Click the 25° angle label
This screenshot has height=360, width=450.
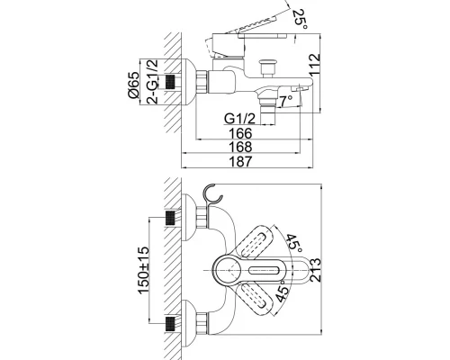click(x=301, y=19)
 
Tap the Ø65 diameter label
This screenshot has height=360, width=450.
click(x=133, y=85)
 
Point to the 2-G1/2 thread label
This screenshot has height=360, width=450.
click(x=152, y=81)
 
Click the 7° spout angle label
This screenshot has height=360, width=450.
click(x=286, y=102)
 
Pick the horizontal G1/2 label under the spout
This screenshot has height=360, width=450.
click(x=239, y=119)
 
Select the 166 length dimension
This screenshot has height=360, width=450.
click(x=240, y=133)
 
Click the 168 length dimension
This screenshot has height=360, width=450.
click(x=240, y=147)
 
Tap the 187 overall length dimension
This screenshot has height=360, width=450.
click(x=240, y=161)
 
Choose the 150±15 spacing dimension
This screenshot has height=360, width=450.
click(x=143, y=271)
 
